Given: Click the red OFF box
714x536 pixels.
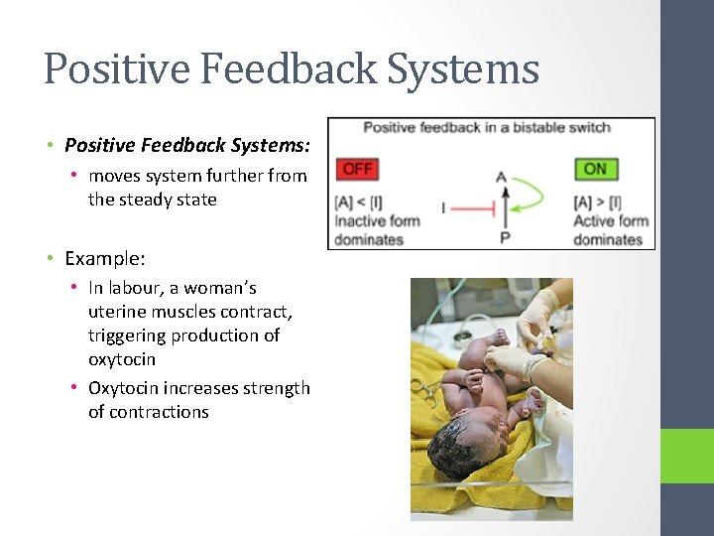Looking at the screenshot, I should tap(357, 169).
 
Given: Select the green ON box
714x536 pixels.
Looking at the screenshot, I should tap(595, 169).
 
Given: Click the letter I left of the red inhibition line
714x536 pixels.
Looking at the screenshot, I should tap(443, 208).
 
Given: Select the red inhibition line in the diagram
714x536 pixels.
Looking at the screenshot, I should tap(474, 208).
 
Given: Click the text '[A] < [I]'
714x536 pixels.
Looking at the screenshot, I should tap(363, 203).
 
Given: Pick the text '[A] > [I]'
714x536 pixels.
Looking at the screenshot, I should tap(599, 203).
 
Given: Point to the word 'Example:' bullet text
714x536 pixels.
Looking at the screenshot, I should tap(105, 259).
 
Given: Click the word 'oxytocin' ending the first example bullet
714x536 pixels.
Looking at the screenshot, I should tap(122, 359).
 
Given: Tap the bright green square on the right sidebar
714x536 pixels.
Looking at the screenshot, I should tap(687, 456).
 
